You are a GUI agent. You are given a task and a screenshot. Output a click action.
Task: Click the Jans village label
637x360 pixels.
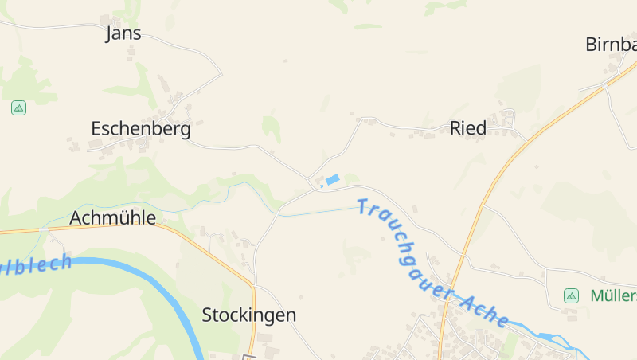point(123,33)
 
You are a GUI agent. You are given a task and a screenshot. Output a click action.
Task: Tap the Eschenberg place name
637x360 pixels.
point(141,129)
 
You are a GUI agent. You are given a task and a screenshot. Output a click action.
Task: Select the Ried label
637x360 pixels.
point(468,128)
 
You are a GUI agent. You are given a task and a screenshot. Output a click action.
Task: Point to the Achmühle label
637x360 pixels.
point(112,218)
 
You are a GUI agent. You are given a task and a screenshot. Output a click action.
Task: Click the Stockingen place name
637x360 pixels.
point(248,315)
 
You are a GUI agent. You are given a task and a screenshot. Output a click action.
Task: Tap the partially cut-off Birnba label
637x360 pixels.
point(611,45)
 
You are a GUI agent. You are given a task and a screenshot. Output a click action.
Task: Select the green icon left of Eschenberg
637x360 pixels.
point(18,108)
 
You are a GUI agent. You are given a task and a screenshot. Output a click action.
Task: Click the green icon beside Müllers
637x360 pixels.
point(571,295)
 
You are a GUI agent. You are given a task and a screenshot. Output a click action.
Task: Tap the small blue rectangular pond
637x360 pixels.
point(332,180)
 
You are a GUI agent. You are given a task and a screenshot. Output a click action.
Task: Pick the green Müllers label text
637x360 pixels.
point(613,295)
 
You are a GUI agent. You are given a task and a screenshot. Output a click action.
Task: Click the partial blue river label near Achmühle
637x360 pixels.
point(35,264)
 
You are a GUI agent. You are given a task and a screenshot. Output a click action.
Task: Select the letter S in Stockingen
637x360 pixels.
point(208,315)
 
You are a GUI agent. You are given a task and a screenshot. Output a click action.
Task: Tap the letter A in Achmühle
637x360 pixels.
point(76,218)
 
